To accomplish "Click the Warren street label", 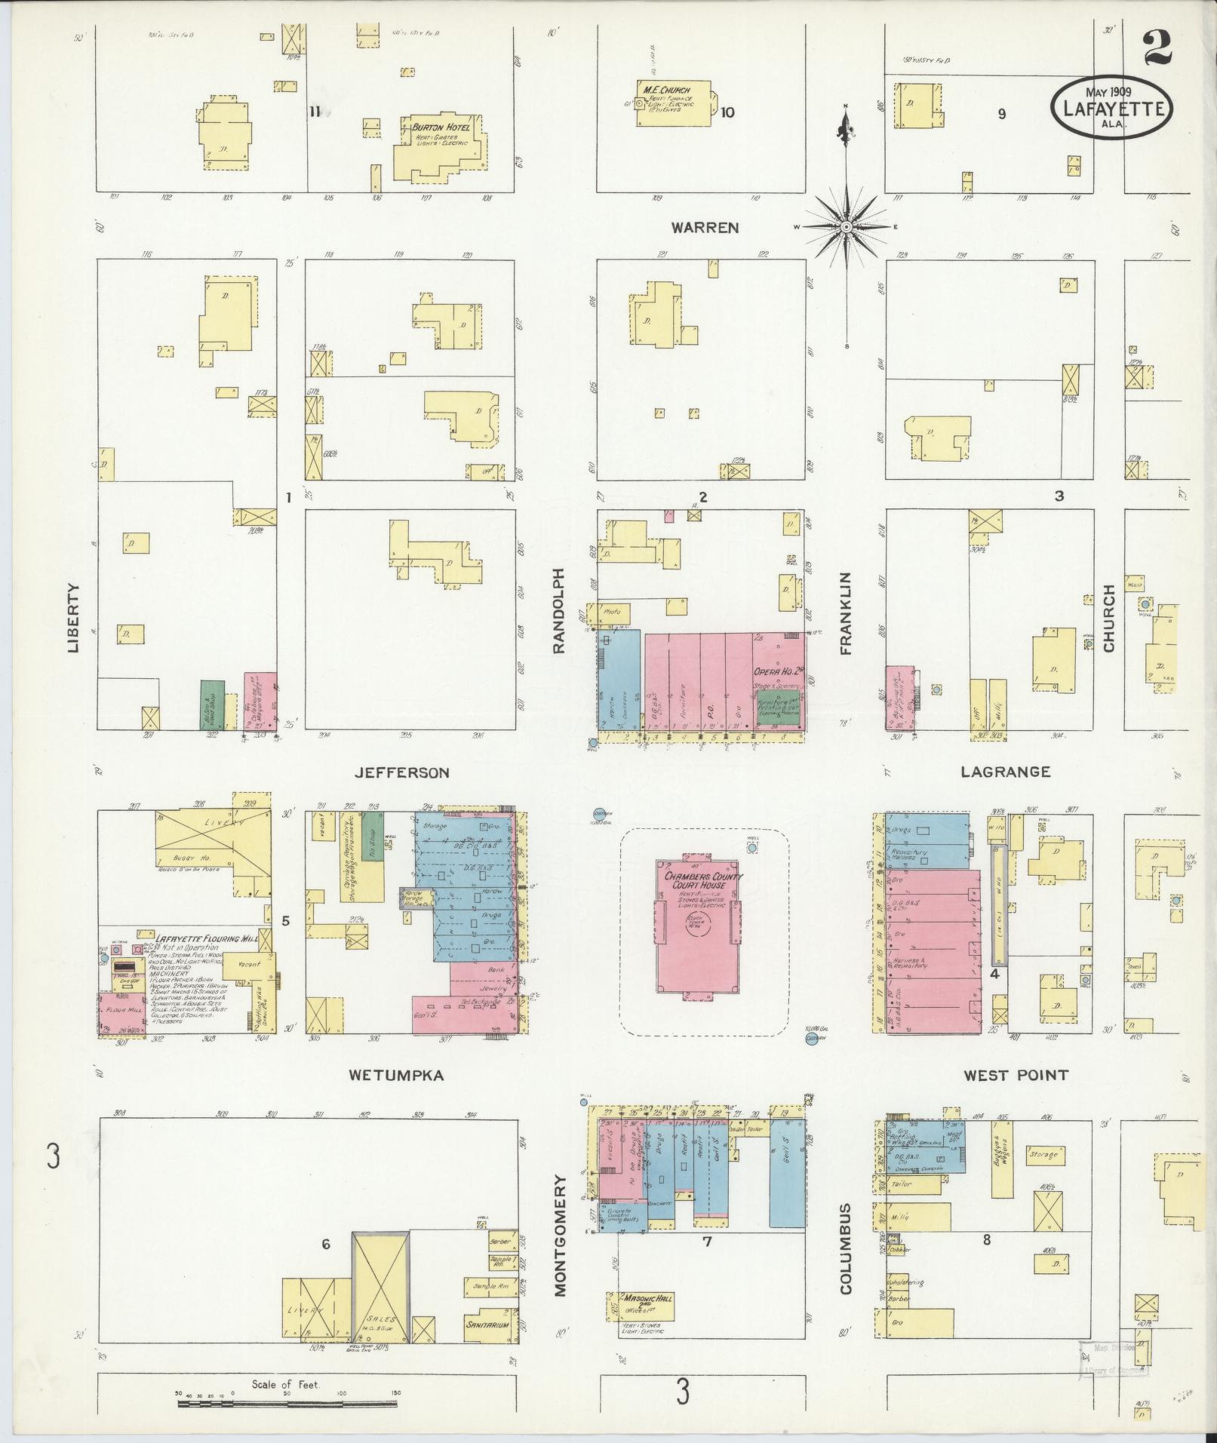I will click(706, 227).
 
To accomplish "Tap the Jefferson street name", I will click(402, 772).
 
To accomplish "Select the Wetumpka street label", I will click(395, 1076).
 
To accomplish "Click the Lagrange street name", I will click(1005, 772).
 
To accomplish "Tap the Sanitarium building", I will click(487, 1325).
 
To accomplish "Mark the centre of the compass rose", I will click(847, 227).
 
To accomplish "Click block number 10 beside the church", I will click(727, 113).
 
